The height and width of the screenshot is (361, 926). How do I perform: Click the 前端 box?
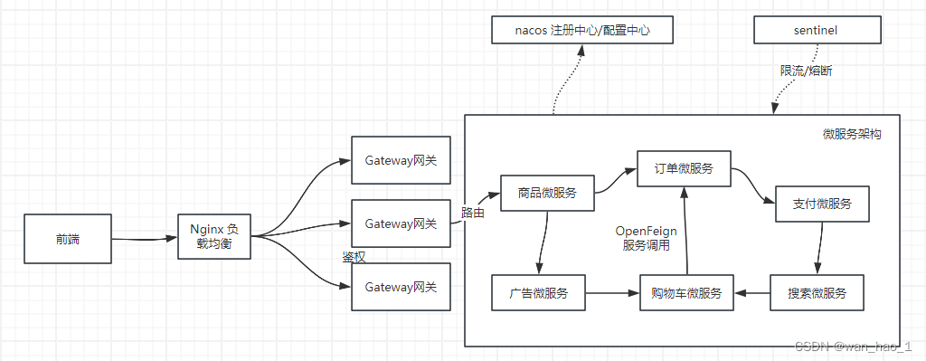coord(67,239)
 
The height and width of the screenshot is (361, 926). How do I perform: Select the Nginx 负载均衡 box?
coord(213,237)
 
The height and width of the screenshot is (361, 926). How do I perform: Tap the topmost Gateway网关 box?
coord(401,160)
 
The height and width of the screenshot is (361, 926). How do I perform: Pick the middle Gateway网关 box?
coord(401,223)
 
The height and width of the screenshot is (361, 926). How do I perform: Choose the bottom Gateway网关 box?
coord(401,287)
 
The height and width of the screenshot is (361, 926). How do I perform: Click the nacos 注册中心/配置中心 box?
coord(582,31)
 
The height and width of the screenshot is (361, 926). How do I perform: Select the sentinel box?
coord(817,31)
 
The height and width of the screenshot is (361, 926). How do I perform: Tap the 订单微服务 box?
coord(683,168)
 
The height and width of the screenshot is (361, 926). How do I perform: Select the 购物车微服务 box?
coord(686,293)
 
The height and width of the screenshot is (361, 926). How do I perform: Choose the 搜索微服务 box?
coord(817,293)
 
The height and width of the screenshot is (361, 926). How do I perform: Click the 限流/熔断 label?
coord(807,70)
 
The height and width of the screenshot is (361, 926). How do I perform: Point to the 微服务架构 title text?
coord(852,134)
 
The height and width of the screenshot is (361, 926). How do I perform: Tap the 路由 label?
coord(472,214)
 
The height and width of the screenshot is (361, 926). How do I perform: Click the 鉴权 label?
coord(354,257)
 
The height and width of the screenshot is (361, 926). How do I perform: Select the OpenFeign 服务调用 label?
coord(646,238)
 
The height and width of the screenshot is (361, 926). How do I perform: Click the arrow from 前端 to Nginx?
coord(144,240)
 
